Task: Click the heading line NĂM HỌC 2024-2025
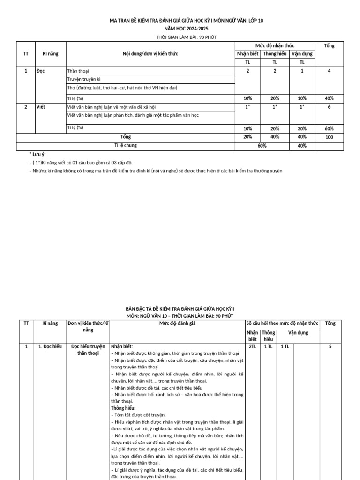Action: (x=180, y=29)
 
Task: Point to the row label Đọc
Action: (x=41, y=71)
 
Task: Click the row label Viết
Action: (x=41, y=107)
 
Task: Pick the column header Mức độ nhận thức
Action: (x=275, y=45)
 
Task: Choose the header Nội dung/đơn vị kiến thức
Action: (x=150, y=54)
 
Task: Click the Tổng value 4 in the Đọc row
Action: (x=329, y=71)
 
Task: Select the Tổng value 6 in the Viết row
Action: (x=329, y=107)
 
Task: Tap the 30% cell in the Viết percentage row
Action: (x=302, y=128)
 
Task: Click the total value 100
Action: (x=329, y=137)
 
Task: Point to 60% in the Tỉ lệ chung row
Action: (x=262, y=146)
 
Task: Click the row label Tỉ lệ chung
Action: (x=126, y=146)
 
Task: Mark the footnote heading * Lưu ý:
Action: (x=37, y=154)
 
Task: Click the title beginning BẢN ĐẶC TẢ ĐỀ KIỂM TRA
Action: (x=180, y=309)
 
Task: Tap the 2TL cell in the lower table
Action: (x=252, y=346)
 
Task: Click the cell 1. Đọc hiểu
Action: (x=50, y=346)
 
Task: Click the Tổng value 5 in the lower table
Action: (x=330, y=346)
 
